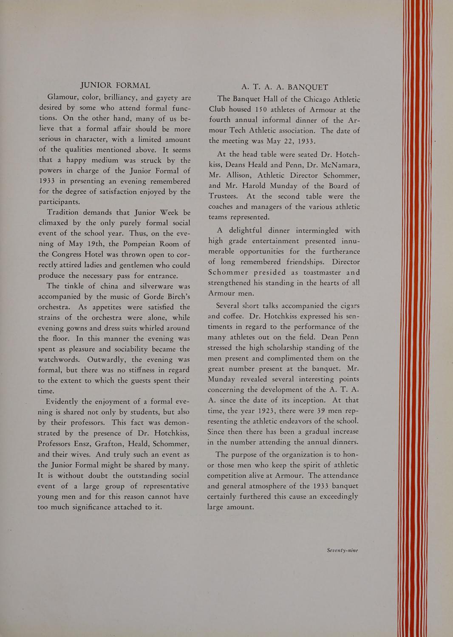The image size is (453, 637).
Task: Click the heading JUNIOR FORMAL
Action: (x=115, y=85)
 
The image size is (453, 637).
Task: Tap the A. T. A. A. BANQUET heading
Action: (x=285, y=87)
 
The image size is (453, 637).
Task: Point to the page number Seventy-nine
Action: (x=343, y=550)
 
